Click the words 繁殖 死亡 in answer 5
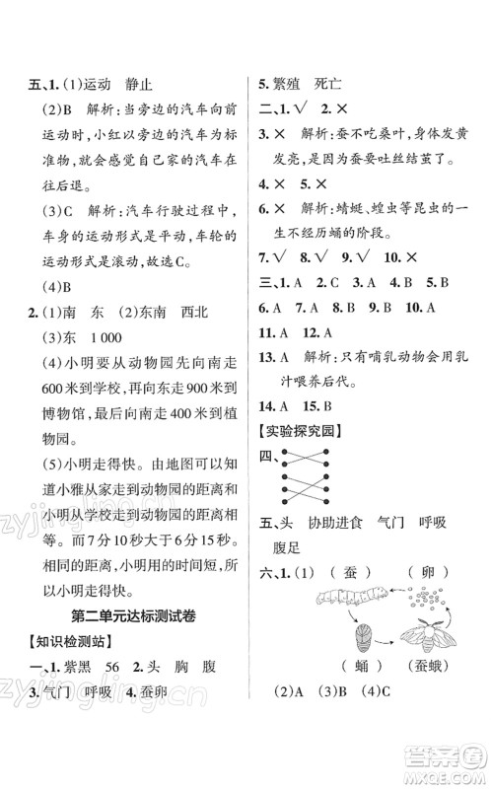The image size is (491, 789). pos(307,85)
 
